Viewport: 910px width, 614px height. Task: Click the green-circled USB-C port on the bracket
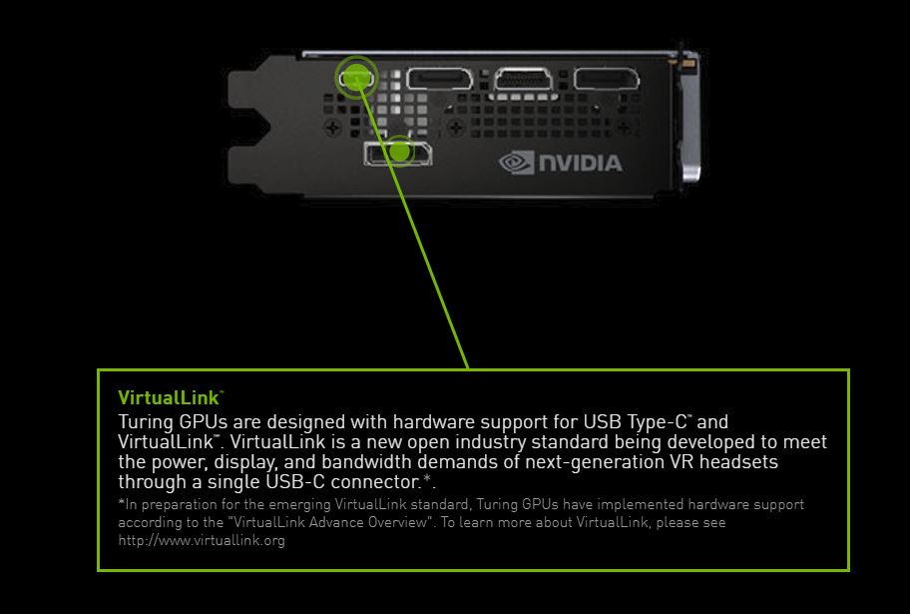[x=355, y=76]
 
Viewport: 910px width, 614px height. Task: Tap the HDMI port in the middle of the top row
[x=525, y=79]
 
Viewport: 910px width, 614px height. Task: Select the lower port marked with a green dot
[x=398, y=152]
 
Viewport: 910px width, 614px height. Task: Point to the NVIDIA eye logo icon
[x=517, y=162]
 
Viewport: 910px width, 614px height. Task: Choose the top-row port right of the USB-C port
[x=443, y=79]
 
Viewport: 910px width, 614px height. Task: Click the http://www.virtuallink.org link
[x=202, y=540]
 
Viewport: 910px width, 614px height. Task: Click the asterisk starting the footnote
[x=121, y=504]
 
